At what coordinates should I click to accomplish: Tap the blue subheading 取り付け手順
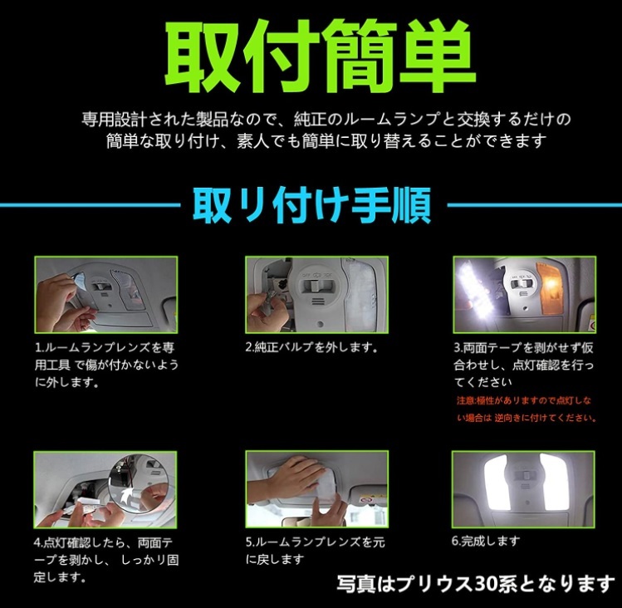(312, 204)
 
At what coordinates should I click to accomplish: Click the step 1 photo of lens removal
(105, 294)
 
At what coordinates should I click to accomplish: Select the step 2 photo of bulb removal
(316, 294)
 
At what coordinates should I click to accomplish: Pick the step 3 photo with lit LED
(523, 294)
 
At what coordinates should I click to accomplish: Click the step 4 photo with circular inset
(105, 489)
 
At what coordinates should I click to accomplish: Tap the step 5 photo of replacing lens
(316, 489)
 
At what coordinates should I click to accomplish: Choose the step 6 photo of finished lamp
(523, 489)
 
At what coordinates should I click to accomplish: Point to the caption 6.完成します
(486, 541)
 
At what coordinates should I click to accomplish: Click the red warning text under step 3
(526, 409)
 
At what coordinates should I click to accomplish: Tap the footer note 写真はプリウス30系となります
(475, 584)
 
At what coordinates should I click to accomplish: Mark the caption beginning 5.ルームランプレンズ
(315, 550)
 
